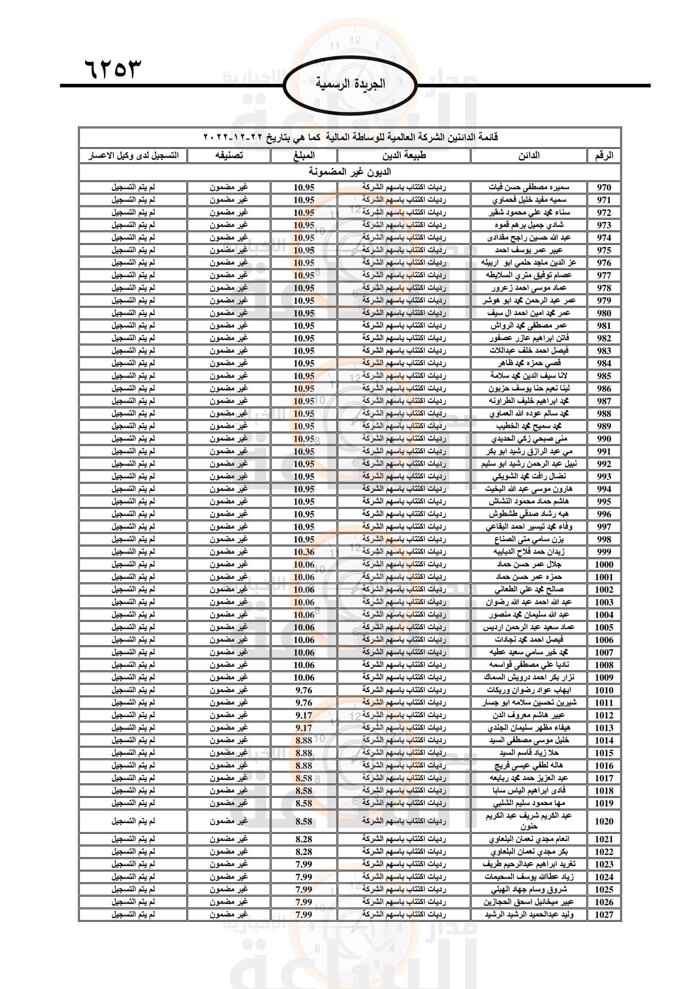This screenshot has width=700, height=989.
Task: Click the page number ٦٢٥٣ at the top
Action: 113,69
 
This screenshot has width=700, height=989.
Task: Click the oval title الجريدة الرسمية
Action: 350,84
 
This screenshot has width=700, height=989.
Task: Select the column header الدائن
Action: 529,156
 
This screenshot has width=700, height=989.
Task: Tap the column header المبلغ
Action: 304,156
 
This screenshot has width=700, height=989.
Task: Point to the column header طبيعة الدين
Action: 403,156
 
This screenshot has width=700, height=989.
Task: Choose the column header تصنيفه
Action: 229,156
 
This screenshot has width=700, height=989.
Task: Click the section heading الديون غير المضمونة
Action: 350,172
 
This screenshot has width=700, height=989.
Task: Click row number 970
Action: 604,187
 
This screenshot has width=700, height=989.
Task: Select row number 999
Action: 604,552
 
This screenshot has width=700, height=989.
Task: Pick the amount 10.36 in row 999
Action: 304,552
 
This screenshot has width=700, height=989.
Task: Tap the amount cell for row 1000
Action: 304,564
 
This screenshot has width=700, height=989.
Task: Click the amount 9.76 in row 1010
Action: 304,690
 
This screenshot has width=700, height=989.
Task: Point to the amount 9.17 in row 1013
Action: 304,728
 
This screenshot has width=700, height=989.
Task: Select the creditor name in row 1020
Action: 529,821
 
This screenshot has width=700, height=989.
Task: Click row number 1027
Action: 604,915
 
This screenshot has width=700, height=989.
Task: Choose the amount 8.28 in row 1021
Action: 304,839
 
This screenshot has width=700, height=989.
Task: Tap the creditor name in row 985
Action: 529,375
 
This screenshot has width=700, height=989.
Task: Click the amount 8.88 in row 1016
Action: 304,765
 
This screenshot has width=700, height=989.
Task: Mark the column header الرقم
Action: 604,156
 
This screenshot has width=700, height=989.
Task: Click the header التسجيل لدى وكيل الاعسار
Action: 133,156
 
